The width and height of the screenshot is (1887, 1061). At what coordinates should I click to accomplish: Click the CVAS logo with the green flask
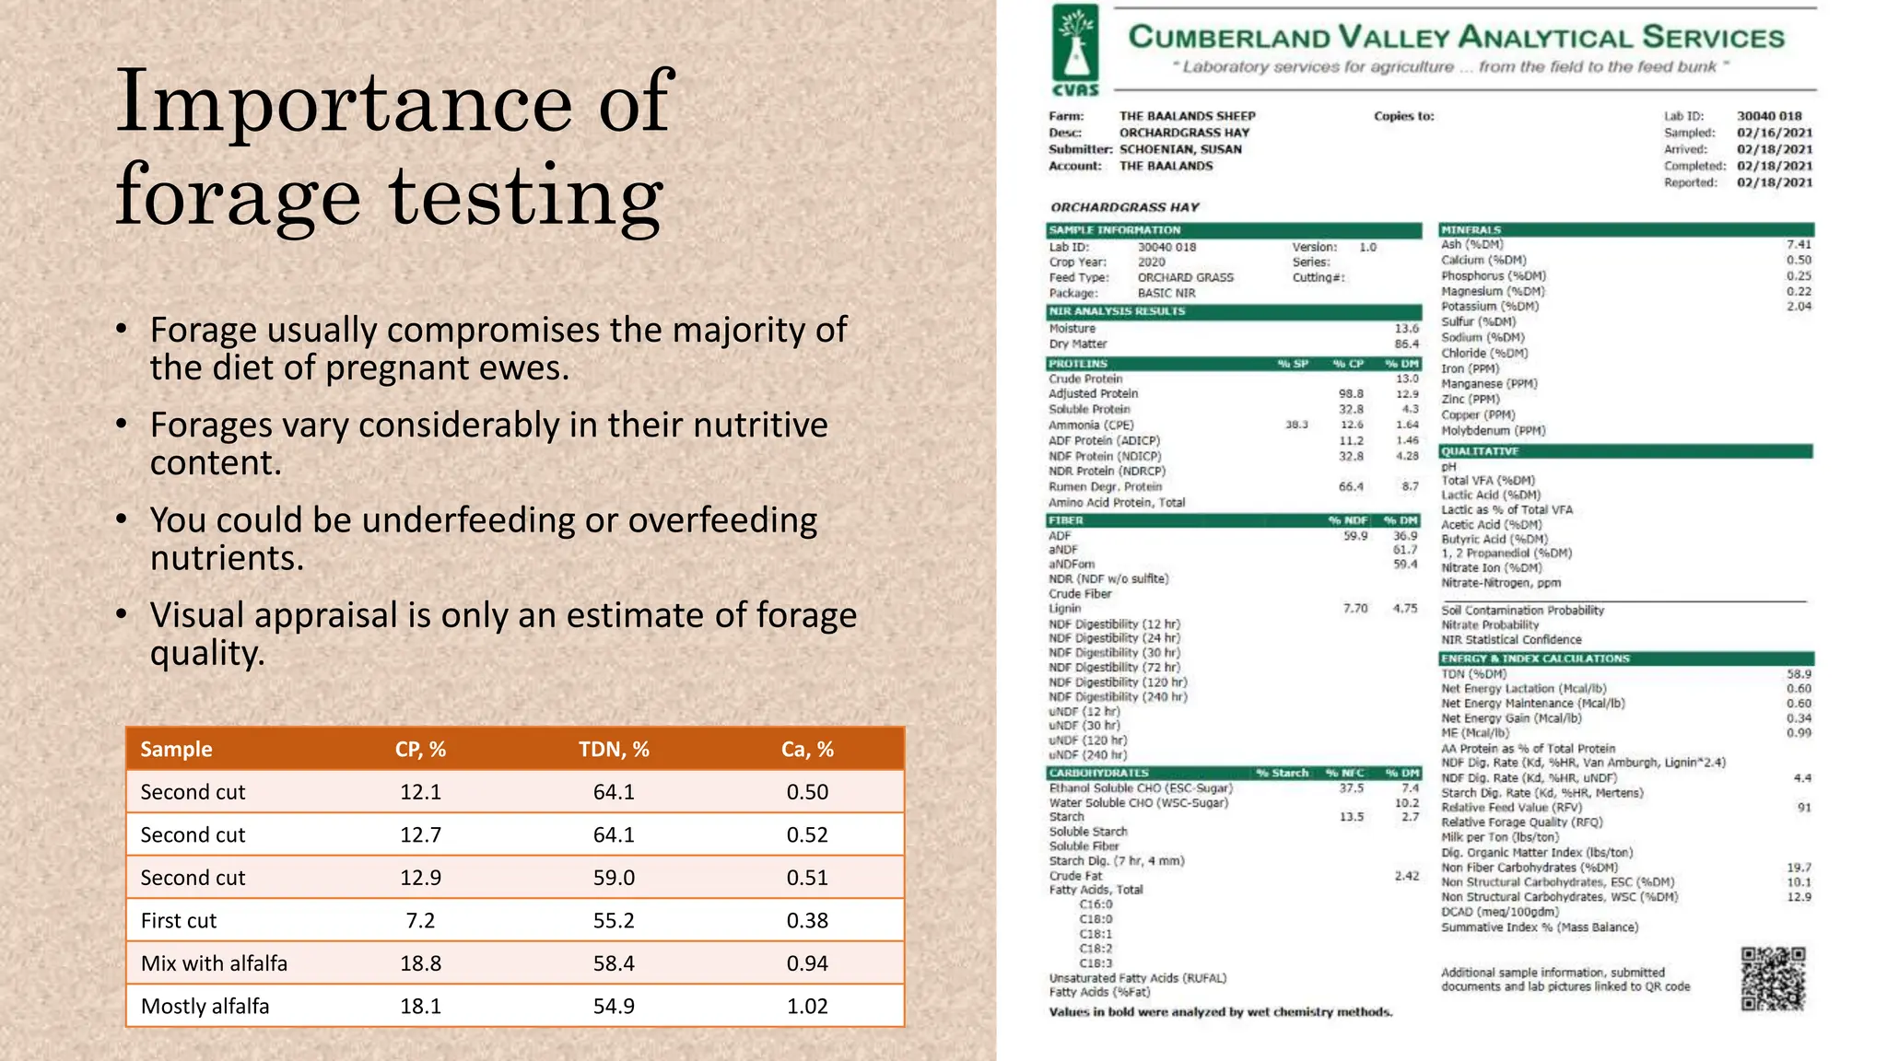coord(1075,51)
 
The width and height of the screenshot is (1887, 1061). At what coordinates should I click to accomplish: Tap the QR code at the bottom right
coord(1773,979)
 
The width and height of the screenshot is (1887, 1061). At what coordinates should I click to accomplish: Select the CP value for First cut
coord(420,920)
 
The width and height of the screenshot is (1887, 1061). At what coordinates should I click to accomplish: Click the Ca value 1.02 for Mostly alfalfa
coord(807,1006)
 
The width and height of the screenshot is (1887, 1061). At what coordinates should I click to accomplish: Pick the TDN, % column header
coord(614,749)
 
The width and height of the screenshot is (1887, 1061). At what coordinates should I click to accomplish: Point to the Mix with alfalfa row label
coord(214,963)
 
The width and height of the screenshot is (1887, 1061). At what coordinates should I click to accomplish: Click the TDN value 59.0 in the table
coord(614,878)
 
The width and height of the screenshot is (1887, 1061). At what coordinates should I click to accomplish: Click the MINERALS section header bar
coord(1626,229)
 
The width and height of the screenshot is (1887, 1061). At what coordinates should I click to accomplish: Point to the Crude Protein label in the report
coord(1085,379)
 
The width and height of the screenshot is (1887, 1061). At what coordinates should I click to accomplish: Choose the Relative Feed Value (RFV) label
coord(1511,808)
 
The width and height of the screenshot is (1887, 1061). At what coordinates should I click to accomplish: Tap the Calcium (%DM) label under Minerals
coord(1483,261)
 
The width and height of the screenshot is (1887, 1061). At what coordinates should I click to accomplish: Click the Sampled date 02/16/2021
coord(1775,133)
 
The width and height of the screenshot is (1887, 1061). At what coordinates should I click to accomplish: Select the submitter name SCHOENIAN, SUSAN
coord(1180,149)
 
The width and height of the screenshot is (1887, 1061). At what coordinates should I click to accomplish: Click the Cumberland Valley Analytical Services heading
coord(1456,38)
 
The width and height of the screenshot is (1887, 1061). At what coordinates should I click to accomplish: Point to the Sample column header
coord(176,749)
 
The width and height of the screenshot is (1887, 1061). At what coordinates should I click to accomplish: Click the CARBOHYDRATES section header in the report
coord(1098,773)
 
